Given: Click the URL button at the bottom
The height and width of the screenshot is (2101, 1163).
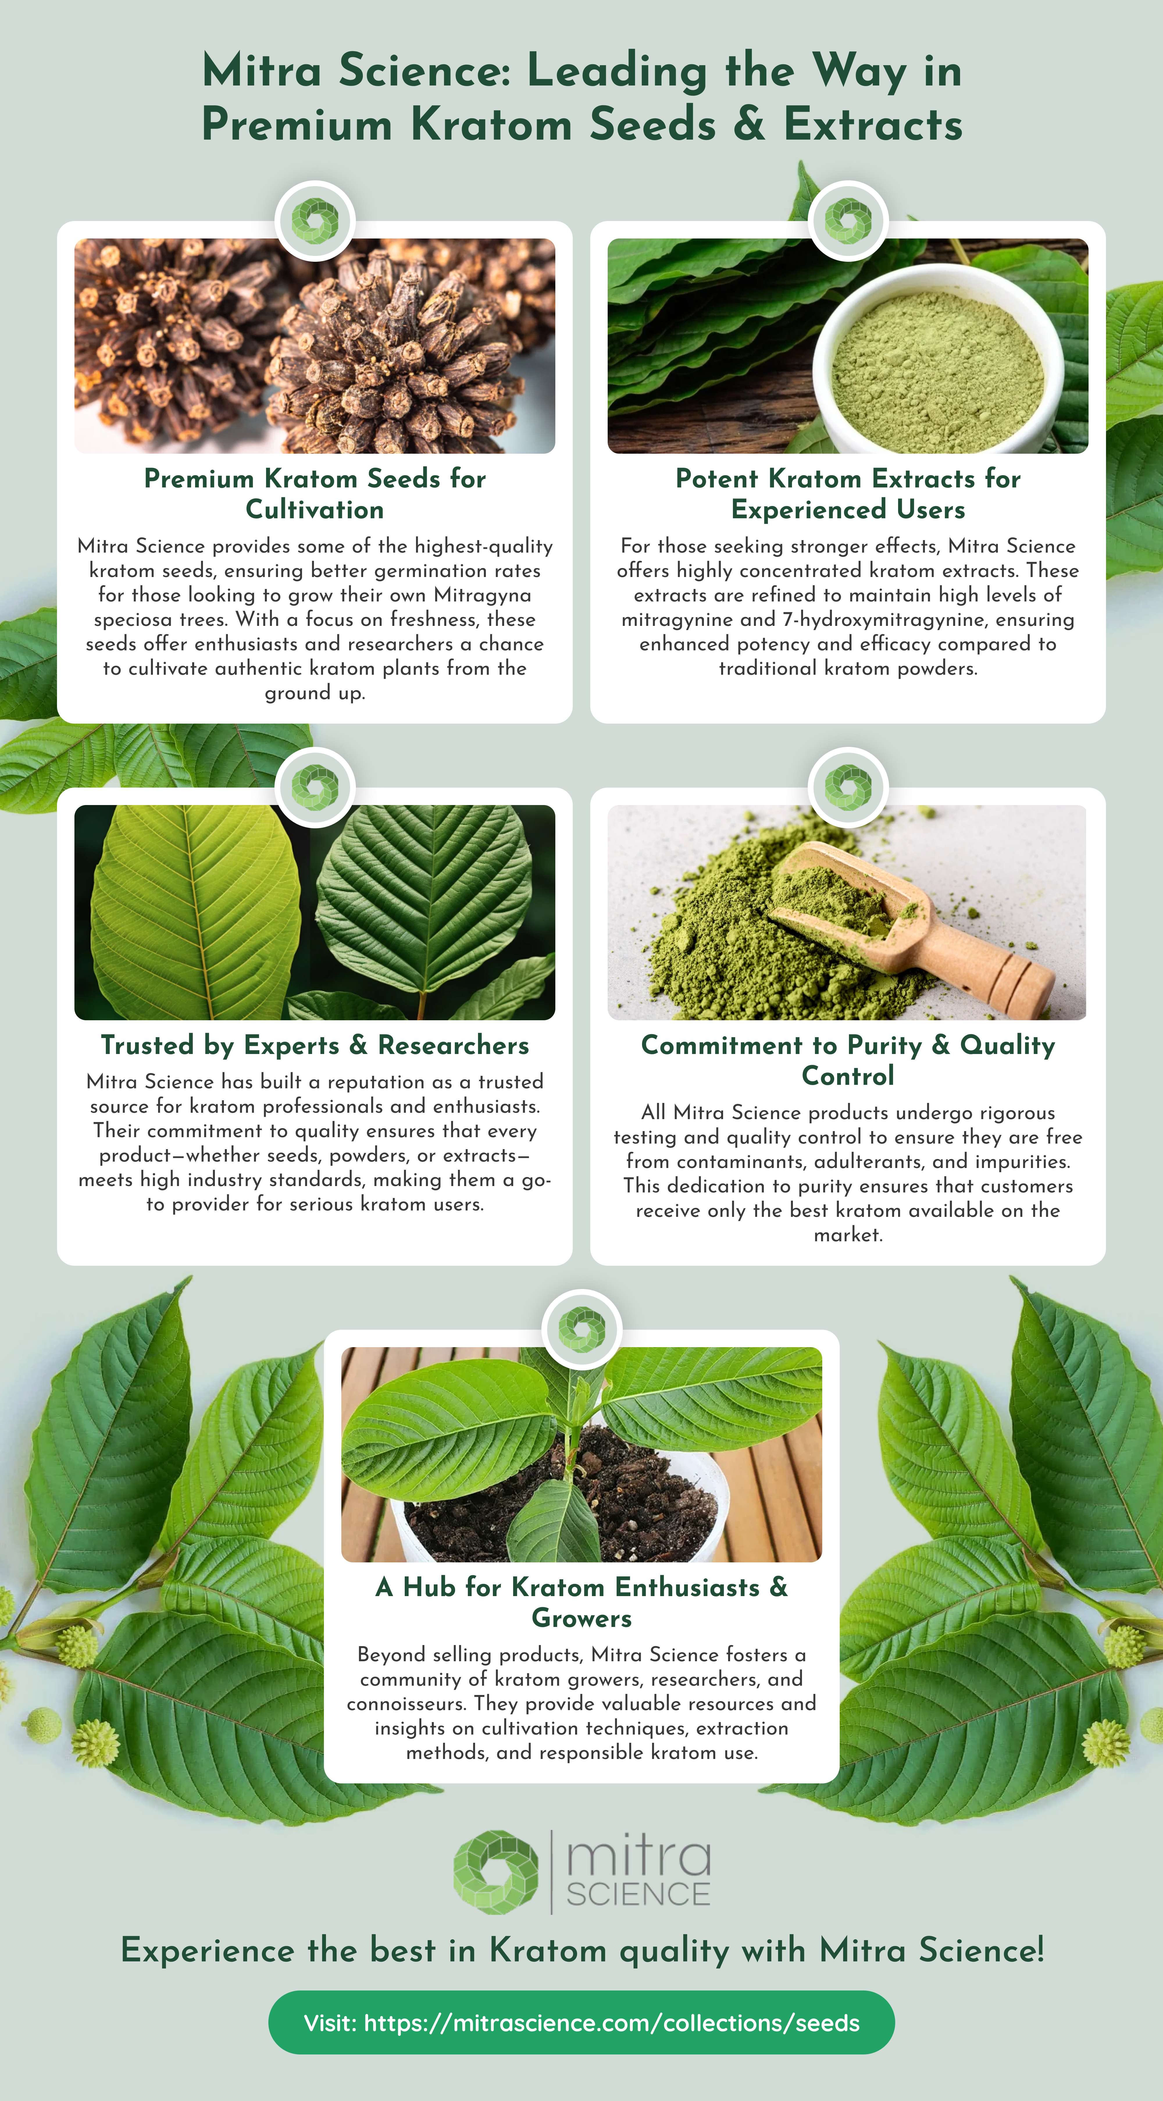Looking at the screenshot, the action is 581,2022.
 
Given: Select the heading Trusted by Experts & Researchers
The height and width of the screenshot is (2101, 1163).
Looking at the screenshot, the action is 315,1045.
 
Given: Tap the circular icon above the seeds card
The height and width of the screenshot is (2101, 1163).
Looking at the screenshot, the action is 315,220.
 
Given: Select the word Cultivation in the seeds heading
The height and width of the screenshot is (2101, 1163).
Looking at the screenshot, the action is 315,510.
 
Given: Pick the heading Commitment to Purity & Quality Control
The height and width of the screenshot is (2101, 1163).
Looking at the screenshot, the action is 848,1060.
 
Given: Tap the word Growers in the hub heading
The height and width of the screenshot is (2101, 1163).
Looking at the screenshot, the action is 581,1618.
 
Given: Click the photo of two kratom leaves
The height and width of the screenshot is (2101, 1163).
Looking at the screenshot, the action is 315,912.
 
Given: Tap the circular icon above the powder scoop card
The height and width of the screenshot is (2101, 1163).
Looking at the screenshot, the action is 848,787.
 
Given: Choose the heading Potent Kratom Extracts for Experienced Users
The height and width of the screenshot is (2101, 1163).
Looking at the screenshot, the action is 848,494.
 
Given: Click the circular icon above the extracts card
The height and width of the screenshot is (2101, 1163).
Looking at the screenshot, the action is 848,220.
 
